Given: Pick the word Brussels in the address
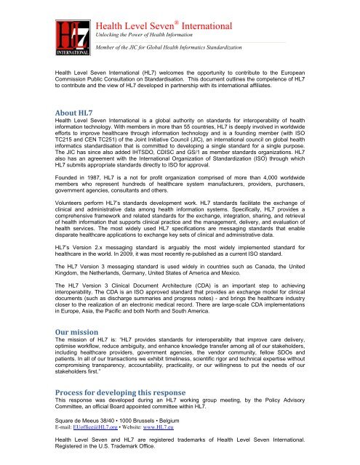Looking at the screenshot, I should tap(150, 421).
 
